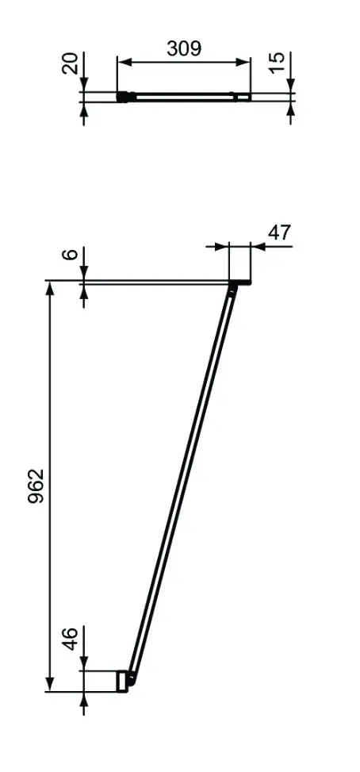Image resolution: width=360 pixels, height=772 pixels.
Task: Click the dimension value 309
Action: pos(184,48)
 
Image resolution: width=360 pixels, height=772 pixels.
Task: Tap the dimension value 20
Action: pos(71,63)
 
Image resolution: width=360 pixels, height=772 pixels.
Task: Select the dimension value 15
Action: pos(277,63)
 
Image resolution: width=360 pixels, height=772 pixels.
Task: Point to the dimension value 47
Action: pos(279,232)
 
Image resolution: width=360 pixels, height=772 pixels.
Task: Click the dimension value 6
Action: pos(71,254)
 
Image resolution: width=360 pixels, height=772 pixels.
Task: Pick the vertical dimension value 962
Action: pos(36,486)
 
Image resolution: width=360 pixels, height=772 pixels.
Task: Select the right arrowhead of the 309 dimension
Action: pos(243,62)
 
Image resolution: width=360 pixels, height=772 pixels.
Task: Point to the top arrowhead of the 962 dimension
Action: pos(50,289)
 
